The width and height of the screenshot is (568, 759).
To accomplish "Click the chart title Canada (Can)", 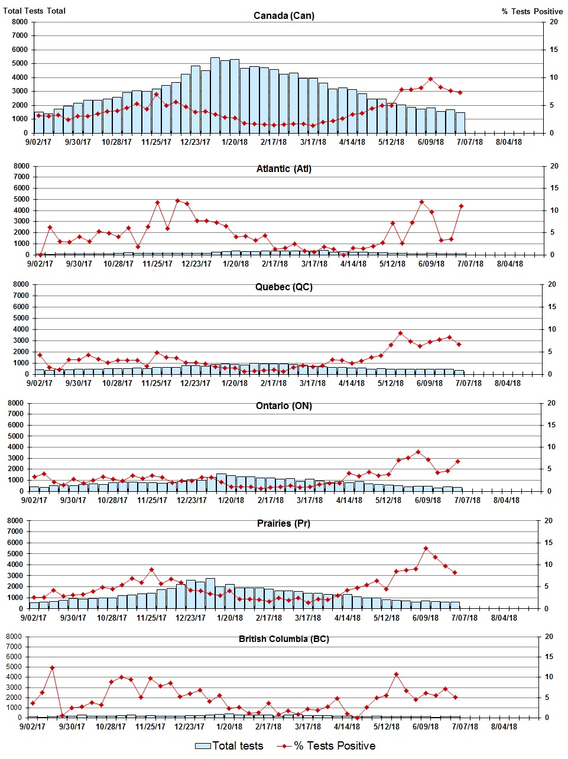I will coord(284,15).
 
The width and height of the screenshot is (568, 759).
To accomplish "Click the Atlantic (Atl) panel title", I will coord(284,169).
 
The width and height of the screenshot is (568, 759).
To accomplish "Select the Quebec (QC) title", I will coord(284,287).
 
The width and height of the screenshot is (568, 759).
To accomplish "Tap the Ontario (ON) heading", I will coord(284,406).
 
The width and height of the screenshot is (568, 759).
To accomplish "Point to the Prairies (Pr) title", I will coord(284,524).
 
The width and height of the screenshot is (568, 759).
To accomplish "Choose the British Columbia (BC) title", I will coord(284,639).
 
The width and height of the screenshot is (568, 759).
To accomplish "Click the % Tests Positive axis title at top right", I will coord(532,11).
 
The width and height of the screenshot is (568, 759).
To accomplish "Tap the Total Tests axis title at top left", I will coord(34,11).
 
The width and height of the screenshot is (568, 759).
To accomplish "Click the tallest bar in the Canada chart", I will coord(215,95).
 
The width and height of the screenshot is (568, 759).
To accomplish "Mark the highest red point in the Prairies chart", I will coord(426,549).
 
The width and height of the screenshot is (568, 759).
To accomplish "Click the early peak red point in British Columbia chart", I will coord(52,668).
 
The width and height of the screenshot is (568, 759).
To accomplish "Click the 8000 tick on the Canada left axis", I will coord(20,22).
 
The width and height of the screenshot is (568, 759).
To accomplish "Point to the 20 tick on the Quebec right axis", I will coord(552,285).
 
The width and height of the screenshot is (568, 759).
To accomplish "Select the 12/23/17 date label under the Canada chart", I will coord(195,142).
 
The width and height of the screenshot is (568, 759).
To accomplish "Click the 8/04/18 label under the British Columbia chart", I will coord(504,726).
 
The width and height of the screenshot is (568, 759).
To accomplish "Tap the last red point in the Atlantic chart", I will coord(461,206).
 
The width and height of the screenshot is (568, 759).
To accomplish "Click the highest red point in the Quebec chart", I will coord(400,333).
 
